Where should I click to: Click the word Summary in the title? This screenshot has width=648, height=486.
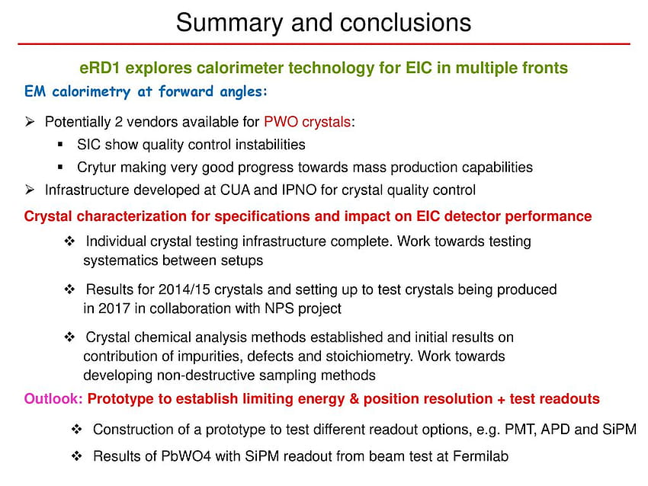[x=229, y=24]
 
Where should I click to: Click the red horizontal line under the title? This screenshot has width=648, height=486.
[x=324, y=43]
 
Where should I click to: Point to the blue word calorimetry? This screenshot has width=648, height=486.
[x=91, y=91]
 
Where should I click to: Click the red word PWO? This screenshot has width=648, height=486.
[x=281, y=122]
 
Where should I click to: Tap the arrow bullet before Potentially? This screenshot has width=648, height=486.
[x=30, y=122]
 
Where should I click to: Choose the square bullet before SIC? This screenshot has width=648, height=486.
[x=60, y=144]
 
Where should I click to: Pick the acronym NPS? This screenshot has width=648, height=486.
[x=279, y=309]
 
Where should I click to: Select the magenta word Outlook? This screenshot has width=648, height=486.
[x=53, y=399]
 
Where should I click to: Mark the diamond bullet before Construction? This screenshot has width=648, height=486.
[x=76, y=430]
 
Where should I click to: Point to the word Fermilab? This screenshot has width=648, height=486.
[x=480, y=456]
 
